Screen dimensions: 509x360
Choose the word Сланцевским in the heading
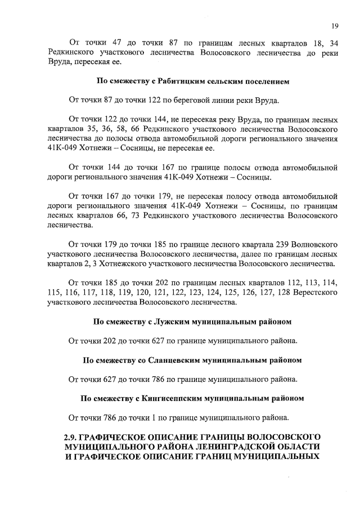point(174,359)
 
